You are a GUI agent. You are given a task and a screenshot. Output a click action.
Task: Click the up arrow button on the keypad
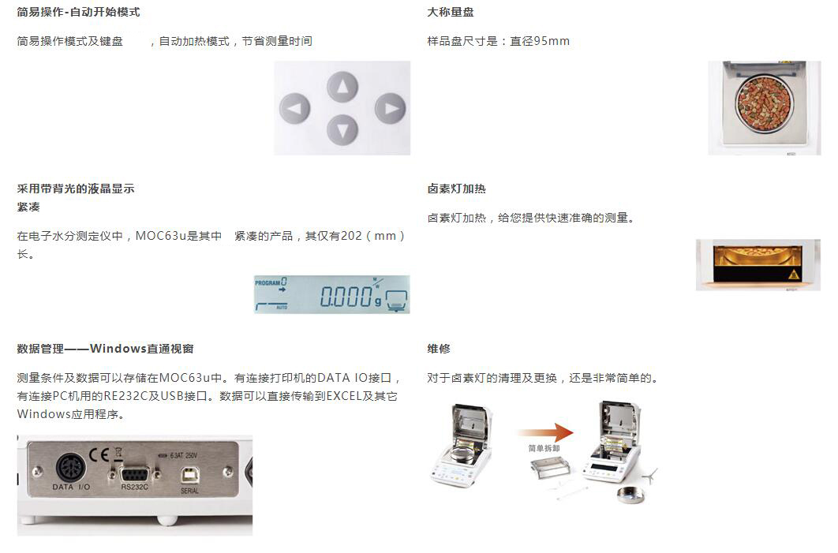click(342, 87)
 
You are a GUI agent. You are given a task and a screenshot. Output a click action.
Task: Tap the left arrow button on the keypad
click(294, 108)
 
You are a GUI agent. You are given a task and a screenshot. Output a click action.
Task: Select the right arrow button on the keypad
click(390, 108)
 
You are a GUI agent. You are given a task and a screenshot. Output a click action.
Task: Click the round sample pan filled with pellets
click(764, 103)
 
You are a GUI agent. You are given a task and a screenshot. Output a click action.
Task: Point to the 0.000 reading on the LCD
click(346, 296)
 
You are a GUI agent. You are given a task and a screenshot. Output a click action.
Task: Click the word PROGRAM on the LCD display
click(267, 282)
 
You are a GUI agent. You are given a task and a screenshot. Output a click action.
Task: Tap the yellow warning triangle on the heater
click(794, 274)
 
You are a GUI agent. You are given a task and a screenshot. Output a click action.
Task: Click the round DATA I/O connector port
click(70, 468)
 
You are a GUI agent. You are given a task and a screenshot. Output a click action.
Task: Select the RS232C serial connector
click(134, 474)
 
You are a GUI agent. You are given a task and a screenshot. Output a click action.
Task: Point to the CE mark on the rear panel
click(99, 454)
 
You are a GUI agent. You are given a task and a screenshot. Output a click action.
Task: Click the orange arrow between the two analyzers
click(545, 432)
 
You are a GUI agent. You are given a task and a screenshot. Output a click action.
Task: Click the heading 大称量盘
click(451, 12)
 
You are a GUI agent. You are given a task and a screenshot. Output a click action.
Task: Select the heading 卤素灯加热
click(456, 189)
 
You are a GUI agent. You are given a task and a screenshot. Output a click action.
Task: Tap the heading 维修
click(439, 349)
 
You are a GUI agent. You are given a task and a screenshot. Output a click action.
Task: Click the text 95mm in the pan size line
click(552, 41)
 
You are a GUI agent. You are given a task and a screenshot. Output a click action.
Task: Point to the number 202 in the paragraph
click(351, 236)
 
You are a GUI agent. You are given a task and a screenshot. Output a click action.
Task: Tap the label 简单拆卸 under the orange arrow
click(544, 448)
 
